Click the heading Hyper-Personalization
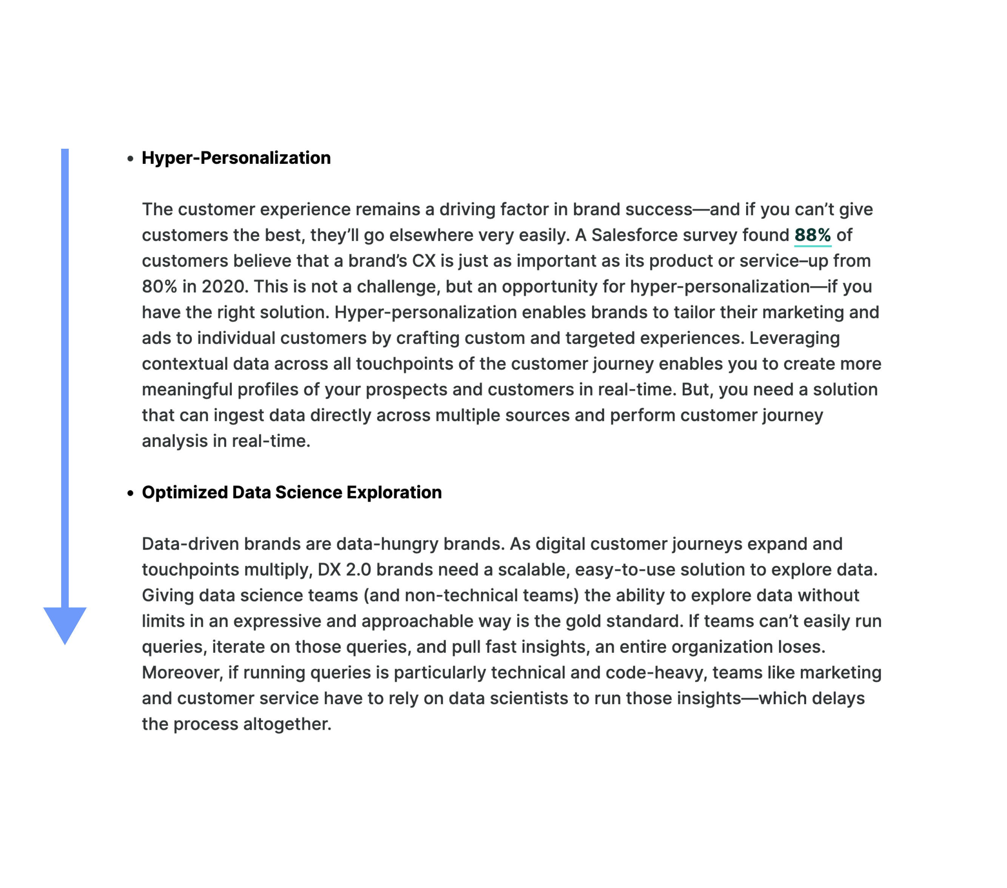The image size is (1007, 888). pyautogui.click(x=236, y=158)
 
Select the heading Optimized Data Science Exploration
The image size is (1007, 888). pyautogui.click(x=291, y=492)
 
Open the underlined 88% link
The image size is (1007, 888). pyautogui.click(x=813, y=236)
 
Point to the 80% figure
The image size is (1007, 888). pyautogui.click(x=159, y=287)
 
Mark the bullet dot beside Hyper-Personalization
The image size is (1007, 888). pyautogui.click(x=130, y=159)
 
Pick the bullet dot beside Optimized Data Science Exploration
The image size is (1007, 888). pyautogui.click(x=130, y=493)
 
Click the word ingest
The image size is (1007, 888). pyautogui.click(x=239, y=416)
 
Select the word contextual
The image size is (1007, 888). pyautogui.click(x=185, y=364)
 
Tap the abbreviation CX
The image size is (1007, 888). pyautogui.click(x=423, y=261)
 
